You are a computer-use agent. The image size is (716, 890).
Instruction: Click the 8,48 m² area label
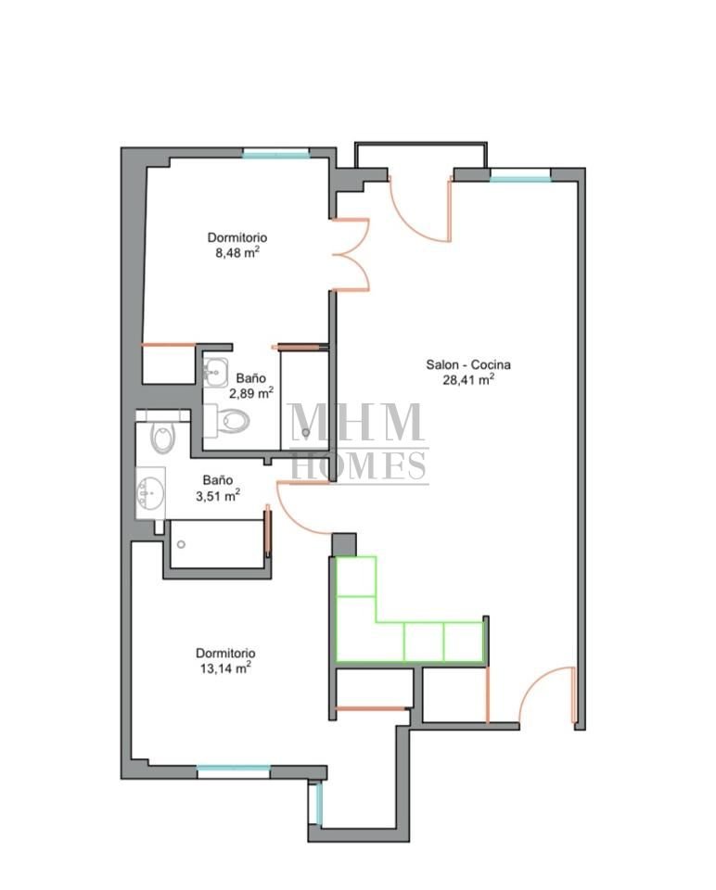pos(237,252)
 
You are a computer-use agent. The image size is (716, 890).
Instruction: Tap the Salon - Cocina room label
pos(467,364)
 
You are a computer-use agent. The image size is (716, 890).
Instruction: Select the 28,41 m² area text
pos(467,379)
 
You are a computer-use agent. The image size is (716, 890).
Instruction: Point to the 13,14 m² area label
pos(225,668)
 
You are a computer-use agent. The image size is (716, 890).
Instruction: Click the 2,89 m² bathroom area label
pos(251,393)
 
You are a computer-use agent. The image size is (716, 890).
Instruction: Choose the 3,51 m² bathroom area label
pos(217,495)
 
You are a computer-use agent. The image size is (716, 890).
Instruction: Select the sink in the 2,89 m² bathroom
pos(215,373)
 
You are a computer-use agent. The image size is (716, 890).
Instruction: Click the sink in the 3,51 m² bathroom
pos(150,492)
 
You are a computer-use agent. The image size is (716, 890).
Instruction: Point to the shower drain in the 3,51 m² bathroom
pos(181,544)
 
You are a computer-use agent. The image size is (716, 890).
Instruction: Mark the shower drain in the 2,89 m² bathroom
pos(306,432)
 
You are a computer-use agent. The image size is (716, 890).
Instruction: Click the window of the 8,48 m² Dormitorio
pos(276,153)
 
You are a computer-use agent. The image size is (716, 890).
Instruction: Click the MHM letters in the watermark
pos(356,422)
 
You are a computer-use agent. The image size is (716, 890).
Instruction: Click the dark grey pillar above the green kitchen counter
pos(344,545)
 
